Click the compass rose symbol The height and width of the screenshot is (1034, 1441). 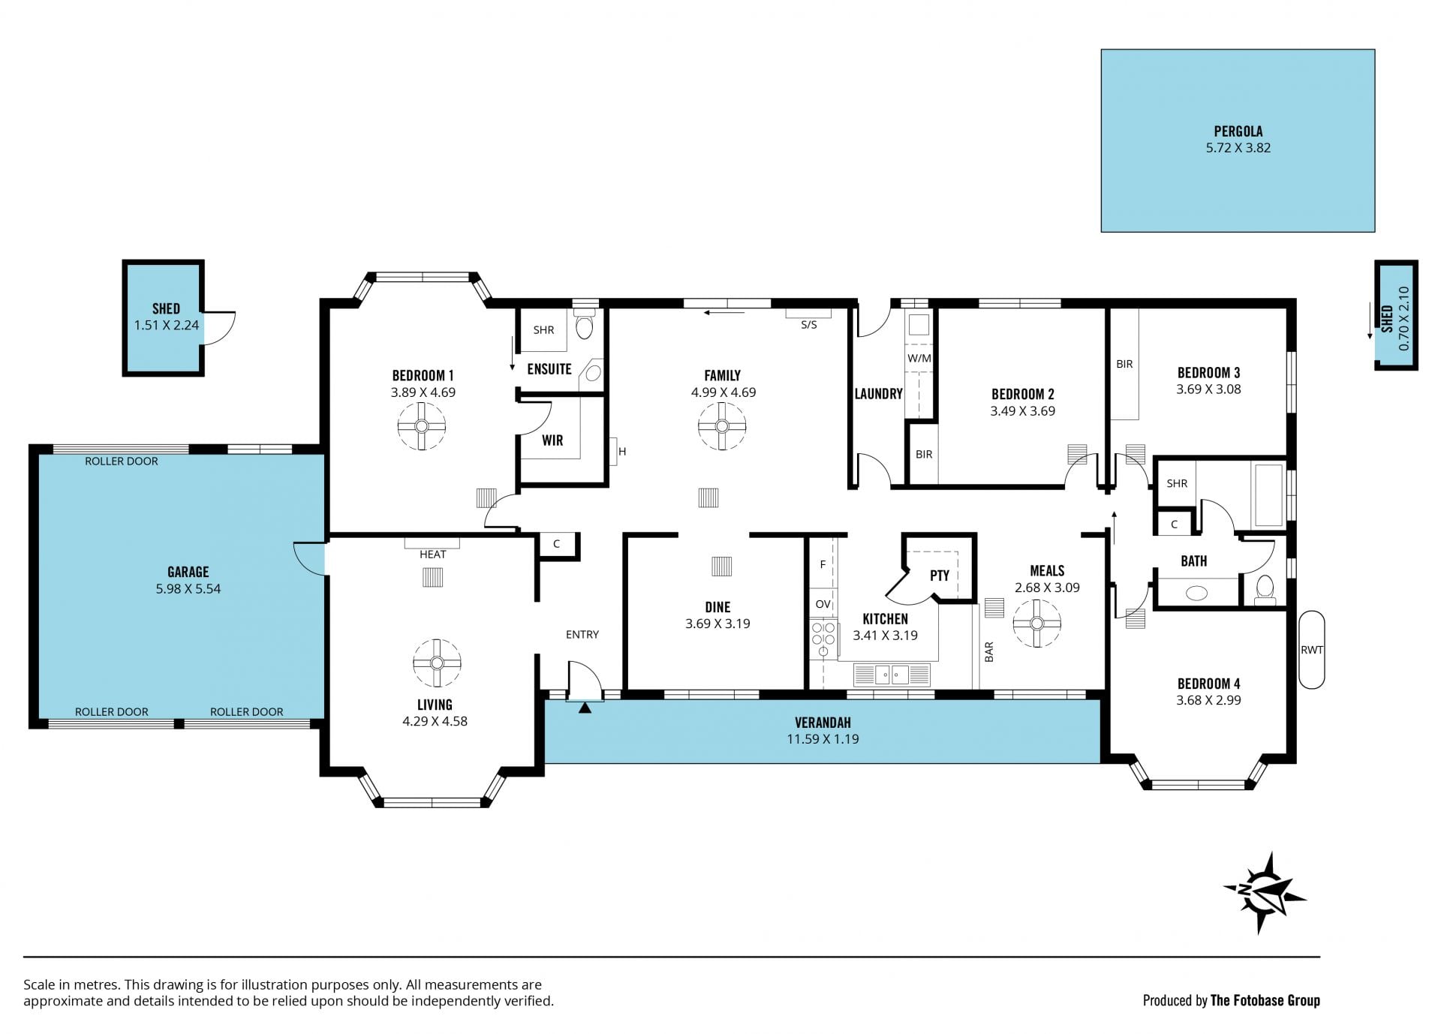[1265, 893]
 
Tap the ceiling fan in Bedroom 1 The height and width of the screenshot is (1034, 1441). [421, 426]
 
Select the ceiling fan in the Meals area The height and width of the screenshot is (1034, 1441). [1036, 623]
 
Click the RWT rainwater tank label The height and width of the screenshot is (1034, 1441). [1311, 650]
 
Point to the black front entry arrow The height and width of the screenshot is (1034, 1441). [585, 707]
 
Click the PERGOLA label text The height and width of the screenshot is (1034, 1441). [1238, 131]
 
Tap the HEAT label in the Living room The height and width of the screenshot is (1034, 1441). [433, 555]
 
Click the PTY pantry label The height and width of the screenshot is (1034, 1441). [940, 576]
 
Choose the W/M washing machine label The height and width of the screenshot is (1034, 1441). [919, 359]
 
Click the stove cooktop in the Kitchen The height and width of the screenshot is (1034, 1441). [823, 638]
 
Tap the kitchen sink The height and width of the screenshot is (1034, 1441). [892, 675]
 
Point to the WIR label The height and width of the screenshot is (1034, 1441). [552, 440]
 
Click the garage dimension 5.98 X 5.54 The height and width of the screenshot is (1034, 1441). [188, 589]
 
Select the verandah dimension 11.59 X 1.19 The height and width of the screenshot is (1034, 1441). [823, 739]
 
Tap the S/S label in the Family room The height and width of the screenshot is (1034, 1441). [808, 325]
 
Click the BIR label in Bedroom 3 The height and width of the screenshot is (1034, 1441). [1124, 364]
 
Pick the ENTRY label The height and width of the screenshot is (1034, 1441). [582, 635]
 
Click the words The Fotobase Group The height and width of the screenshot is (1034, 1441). [1265, 1000]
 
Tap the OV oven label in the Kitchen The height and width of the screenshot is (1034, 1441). [823, 604]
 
